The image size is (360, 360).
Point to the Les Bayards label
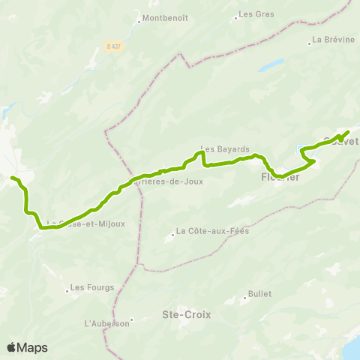coord(225,149)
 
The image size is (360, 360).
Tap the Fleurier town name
coord(280,178)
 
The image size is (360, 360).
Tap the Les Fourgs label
coord(89,286)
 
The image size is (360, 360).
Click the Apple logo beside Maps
coord(12,347)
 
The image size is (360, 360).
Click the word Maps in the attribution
coord(33,347)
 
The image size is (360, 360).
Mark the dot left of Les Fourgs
coord(66,286)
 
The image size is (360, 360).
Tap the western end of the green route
coord(12,178)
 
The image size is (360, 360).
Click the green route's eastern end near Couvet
coord(349,133)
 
